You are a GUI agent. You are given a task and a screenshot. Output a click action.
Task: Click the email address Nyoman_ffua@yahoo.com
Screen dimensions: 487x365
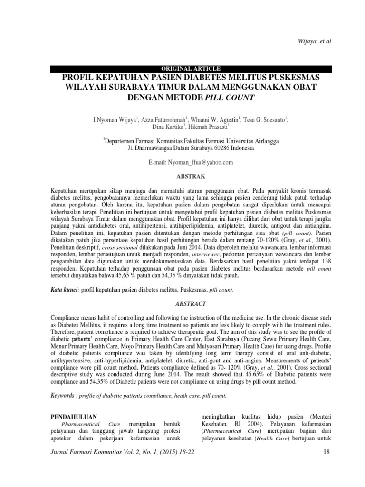click(198, 162)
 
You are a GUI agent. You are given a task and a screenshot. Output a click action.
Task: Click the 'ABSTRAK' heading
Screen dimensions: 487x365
click(191, 176)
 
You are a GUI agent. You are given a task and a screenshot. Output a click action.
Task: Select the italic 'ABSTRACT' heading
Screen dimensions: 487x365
click(191, 303)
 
